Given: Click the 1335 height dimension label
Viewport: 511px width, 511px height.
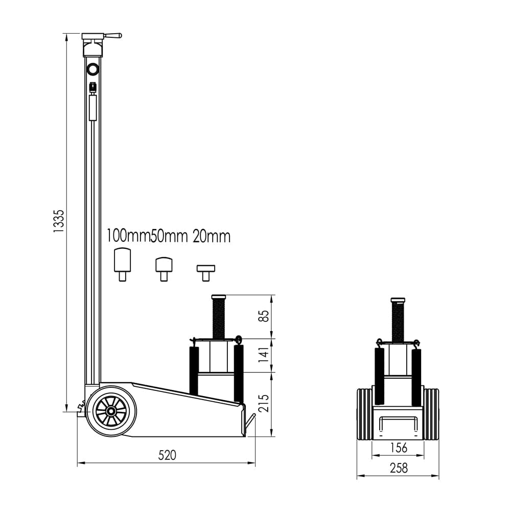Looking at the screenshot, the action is [x=59, y=221].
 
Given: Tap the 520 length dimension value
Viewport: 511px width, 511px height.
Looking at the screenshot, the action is [x=167, y=455].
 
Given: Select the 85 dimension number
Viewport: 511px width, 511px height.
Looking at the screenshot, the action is [x=264, y=316].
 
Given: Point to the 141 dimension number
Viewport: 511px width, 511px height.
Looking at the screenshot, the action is [x=264, y=355].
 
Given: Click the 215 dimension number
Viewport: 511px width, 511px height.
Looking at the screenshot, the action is [x=264, y=404].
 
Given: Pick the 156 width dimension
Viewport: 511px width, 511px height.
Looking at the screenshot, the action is [x=399, y=448].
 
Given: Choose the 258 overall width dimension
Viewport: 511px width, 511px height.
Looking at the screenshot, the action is [x=399, y=468].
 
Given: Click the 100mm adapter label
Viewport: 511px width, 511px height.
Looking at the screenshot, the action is [x=128, y=236].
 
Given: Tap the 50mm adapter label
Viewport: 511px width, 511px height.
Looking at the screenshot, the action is [x=169, y=237].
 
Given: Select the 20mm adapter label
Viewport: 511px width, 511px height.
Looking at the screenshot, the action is [x=212, y=237].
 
